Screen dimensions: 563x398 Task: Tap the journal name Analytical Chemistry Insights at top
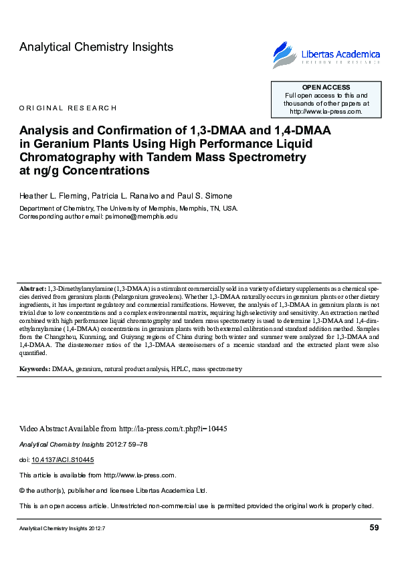pos(96,47)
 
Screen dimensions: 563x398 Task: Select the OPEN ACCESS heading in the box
pos(326,88)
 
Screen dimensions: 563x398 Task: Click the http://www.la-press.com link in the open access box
pos(326,112)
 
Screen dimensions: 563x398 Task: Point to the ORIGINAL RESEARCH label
pos(68,108)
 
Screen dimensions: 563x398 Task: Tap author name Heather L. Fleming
pos(54,195)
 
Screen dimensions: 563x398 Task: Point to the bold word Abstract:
pos(33,287)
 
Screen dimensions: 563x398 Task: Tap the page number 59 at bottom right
pos(374,528)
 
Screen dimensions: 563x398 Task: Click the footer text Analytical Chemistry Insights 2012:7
pos(62,529)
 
